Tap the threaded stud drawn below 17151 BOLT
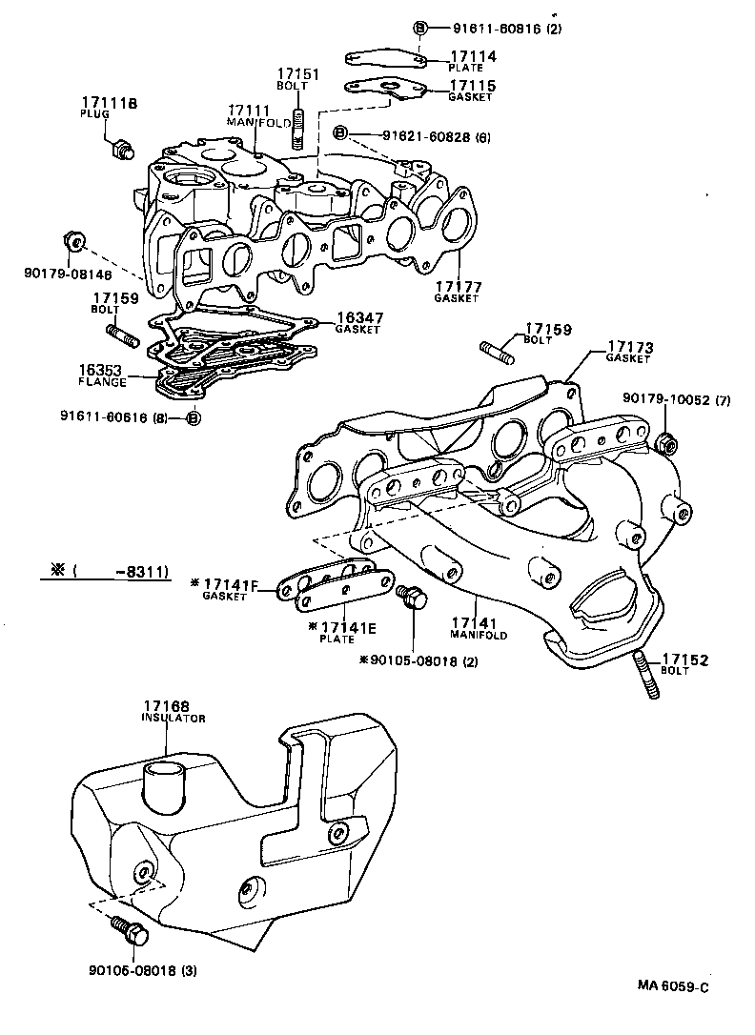298,131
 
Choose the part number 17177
459,286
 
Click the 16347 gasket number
357,318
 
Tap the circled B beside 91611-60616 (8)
193,416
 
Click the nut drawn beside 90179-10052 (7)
667,441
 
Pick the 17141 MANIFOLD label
479,623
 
